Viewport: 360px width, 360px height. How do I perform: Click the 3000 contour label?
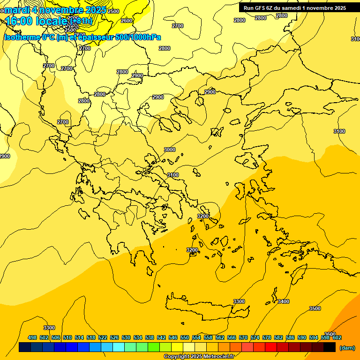point(170,150)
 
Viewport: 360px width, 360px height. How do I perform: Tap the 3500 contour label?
point(315,308)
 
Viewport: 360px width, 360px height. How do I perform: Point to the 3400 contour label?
point(284,301)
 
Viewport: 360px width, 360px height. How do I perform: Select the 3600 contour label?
point(330,334)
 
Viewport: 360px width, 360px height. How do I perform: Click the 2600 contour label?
point(127,21)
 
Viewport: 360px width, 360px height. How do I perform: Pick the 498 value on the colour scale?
point(32,337)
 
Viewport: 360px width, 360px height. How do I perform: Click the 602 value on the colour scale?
point(337,337)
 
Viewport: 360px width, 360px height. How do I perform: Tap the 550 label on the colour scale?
point(185,337)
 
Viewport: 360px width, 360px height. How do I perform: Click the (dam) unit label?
point(347,348)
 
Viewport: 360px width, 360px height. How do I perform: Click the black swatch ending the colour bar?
point(330,347)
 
